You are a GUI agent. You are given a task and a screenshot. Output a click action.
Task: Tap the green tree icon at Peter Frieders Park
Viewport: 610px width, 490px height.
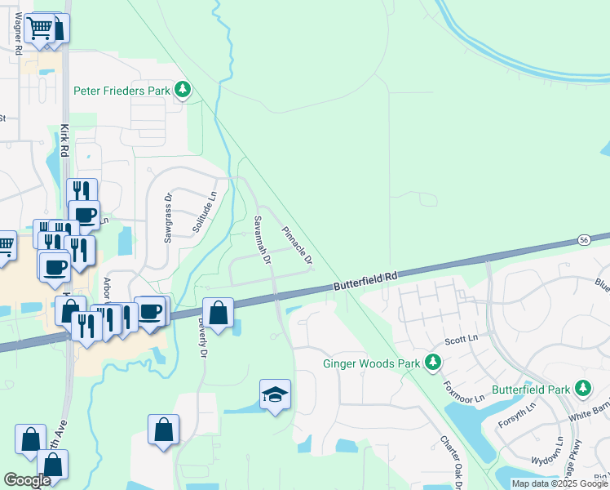click(x=184, y=90)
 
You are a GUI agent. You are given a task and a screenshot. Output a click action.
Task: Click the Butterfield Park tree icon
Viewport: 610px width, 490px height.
click(x=582, y=390)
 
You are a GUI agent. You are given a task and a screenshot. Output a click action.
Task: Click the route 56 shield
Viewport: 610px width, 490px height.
click(x=584, y=239)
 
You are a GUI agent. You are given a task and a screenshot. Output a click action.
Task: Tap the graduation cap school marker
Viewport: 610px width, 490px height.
click(x=276, y=395)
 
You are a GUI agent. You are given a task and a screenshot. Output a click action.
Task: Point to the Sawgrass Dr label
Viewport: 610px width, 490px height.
click(x=168, y=218)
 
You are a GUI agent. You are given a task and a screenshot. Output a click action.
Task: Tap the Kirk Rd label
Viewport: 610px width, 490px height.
click(x=64, y=140)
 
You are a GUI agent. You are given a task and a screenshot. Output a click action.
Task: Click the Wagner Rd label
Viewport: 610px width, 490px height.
click(x=17, y=33)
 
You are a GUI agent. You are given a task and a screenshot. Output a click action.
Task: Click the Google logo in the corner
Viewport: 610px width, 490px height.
click(x=27, y=480)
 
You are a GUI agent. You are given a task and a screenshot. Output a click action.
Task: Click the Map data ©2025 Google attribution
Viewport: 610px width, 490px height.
click(x=559, y=483)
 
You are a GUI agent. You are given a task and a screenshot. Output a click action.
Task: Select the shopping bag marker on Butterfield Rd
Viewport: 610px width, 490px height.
click(x=219, y=314)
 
